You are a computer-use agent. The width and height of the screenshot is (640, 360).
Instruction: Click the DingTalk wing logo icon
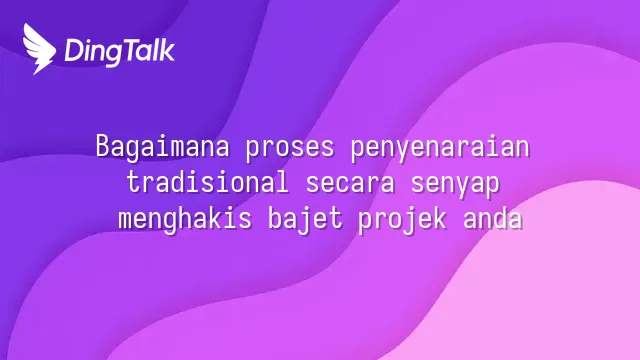point(39,49)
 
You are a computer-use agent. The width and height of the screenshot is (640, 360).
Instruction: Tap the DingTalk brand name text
point(120,52)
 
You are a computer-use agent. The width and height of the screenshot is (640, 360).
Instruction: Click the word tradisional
point(207,182)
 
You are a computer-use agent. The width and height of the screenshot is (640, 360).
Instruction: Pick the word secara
point(350,184)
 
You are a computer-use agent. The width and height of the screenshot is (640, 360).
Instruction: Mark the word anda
point(493,218)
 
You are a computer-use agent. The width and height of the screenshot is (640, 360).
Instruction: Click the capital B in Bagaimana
point(102,146)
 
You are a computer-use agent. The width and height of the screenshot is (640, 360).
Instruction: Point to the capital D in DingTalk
point(74,50)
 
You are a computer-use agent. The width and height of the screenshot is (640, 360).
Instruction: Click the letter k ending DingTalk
point(167,50)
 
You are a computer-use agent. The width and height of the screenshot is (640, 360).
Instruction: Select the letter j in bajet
point(305,221)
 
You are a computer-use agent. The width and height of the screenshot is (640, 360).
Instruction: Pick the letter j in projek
point(410,221)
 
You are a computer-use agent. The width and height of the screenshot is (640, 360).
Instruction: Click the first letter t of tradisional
point(133,182)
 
